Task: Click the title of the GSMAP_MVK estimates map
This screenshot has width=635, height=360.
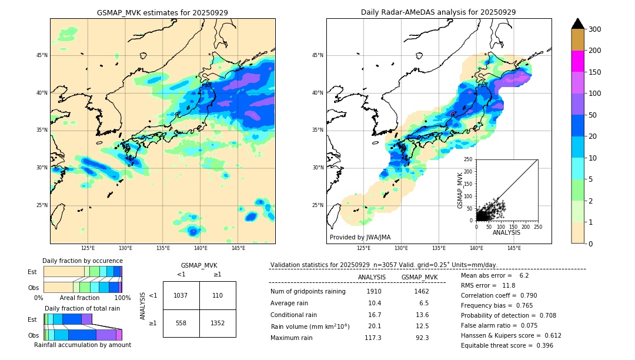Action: (162, 12)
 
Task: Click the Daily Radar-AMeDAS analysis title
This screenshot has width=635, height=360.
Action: (438, 12)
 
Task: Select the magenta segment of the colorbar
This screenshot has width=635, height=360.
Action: (577, 61)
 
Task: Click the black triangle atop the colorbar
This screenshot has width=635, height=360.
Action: (577, 24)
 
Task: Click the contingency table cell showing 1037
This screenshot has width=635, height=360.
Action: (181, 295)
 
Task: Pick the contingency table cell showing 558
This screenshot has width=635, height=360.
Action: (181, 323)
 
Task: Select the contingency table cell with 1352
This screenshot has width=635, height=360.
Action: (218, 323)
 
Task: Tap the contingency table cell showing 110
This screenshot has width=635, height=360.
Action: (218, 295)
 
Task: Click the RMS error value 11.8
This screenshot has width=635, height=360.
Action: (508, 285)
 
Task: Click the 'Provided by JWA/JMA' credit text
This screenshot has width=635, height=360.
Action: (360, 238)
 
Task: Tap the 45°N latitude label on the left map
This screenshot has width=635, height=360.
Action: (42, 55)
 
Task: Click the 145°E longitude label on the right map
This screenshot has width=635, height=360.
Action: (514, 248)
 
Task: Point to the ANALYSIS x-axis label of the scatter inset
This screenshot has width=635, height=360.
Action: (506, 232)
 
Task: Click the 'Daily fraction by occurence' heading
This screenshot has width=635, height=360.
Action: (82, 261)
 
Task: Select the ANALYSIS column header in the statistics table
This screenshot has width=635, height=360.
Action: (372, 277)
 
